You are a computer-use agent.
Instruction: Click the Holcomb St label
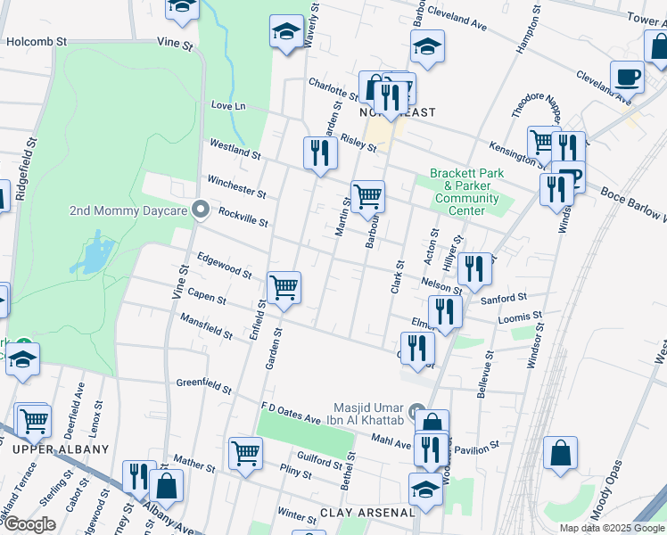click(37, 41)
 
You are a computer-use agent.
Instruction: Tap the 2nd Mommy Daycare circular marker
click(201, 211)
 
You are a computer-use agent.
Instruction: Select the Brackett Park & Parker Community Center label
click(466, 192)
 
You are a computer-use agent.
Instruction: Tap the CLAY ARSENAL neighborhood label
click(367, 513)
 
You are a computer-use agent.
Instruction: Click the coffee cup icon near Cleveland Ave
click(628, 77)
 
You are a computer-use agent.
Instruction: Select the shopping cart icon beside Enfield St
click(284, 288)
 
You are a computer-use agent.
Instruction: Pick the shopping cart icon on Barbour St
click(367, 196)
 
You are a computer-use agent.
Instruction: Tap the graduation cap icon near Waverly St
click(286, 31)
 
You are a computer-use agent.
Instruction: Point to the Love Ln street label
click(227, 105)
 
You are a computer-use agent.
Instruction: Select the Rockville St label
click(243, 216)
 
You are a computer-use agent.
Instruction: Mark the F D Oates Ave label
click(290, 415)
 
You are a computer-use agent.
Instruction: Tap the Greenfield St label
click(203, 386)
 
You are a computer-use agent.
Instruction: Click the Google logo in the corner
click(29, 524)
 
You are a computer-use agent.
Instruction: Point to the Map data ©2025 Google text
click(611, 528)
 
